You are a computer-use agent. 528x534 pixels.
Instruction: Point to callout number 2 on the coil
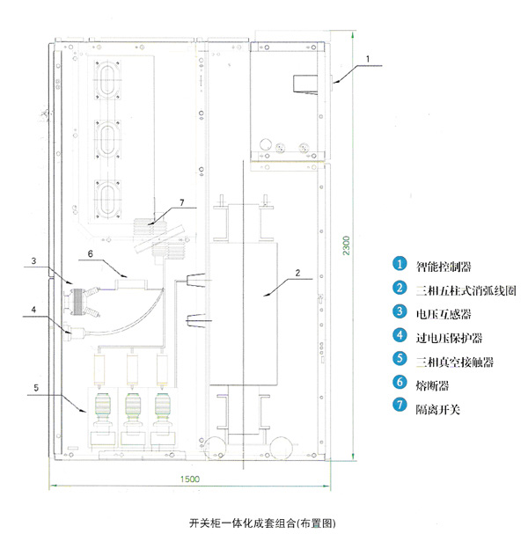(298, 274)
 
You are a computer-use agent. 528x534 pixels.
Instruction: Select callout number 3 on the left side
(33, 260)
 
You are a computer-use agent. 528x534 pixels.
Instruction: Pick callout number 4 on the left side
(33, 308)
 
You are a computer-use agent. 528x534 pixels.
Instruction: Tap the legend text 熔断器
(430, 384)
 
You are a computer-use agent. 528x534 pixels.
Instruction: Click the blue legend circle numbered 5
(399, 360)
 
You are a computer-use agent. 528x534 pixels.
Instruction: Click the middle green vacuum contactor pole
(135, 406)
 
